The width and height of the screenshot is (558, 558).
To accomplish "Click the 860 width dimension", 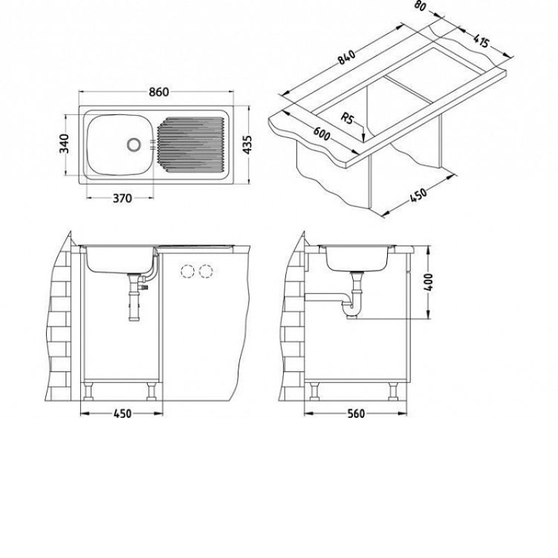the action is pyautogui.click(x=158, y=92).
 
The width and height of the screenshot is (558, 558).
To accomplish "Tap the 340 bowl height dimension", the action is pyautogui.click(x=64, y=144).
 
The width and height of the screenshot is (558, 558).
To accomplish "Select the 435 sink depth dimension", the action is pyautogui.click(x=247, y=144).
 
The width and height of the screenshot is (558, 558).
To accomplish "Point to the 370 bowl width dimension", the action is pyautogui.click(x=122, y=198).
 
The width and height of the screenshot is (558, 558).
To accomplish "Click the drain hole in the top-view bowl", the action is pyautogui.click(x=134, y=144).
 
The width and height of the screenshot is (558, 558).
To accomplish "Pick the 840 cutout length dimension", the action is pyautogui.click(x=346, y=57).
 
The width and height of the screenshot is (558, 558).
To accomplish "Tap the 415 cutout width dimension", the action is pyautogui.click(x=481, y=41).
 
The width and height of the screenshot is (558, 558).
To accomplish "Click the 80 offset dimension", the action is pyautogui.click(x=421, y=6).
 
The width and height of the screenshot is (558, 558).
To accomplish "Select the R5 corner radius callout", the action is pyautogui.click(x=347, y=118).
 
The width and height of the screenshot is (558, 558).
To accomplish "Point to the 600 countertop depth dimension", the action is pyautogui.click(x=322, y=133).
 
